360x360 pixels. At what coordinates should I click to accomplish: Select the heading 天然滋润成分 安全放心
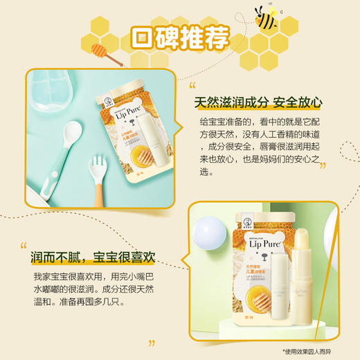[x=258, y=102]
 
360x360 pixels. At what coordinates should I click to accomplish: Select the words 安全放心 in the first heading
[x=298, y=102]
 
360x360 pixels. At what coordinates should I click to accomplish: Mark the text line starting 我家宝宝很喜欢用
[x=97, y=276]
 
